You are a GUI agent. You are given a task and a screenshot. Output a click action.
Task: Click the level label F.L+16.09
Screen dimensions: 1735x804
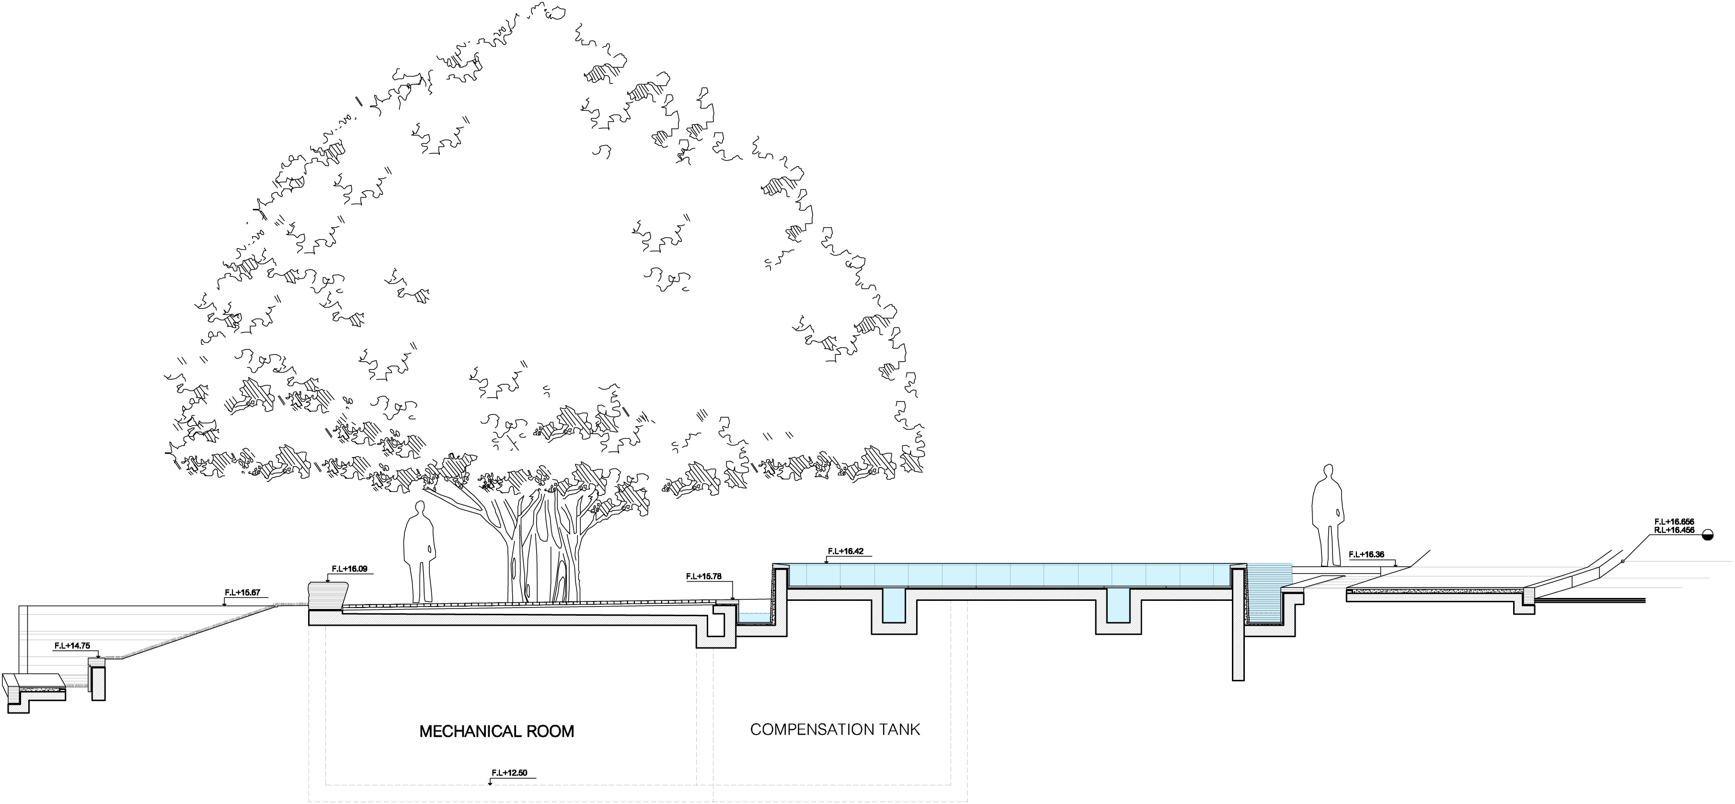tap(350, 569)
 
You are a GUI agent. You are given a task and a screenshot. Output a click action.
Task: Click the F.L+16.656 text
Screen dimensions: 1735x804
tap(1674, 522)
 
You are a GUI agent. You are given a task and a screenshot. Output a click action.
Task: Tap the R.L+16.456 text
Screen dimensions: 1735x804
tap(1674, 530)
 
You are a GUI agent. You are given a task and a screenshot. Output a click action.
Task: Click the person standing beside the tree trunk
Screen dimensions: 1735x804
tap(419, 552)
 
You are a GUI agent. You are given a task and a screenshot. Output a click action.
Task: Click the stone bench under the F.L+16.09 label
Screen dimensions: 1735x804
tap(328, 597)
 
